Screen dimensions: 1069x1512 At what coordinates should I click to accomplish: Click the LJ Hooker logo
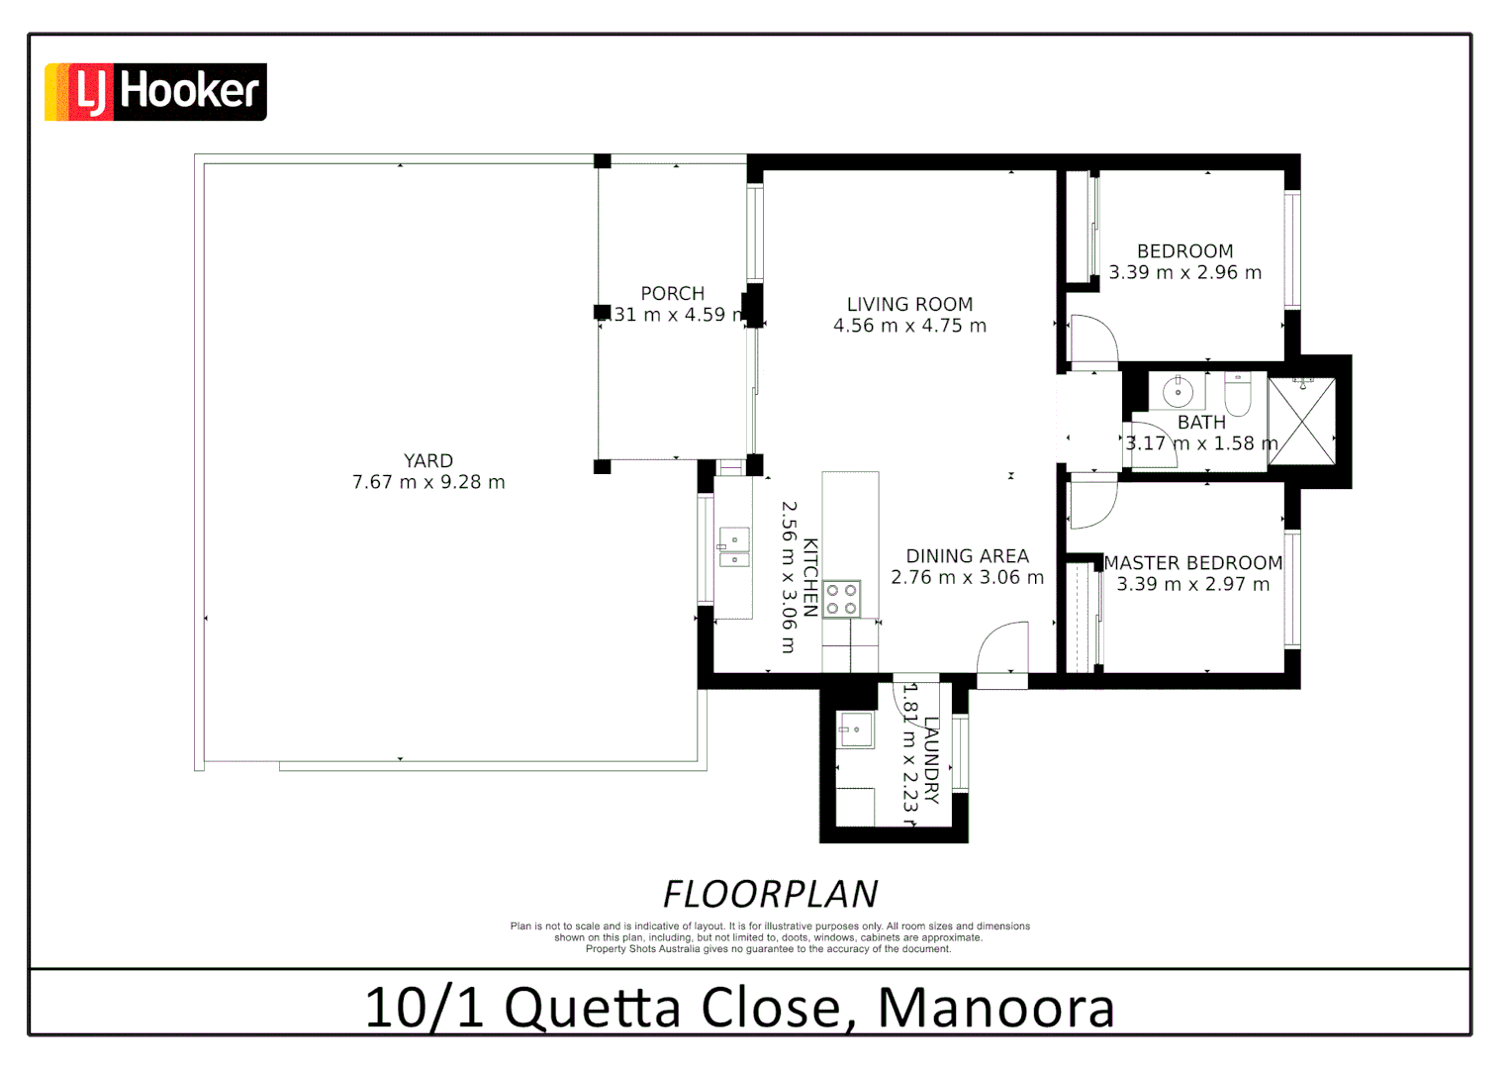(155, 92)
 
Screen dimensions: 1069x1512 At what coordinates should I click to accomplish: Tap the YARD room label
(428, 461)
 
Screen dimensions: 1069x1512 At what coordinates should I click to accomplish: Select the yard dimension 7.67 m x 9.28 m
(428, 483)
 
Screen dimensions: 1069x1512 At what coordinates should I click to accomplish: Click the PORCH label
(673, 294)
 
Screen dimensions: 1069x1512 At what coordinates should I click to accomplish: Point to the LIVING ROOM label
(909, 305)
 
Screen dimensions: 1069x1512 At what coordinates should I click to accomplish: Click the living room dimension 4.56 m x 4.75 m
(909, 326)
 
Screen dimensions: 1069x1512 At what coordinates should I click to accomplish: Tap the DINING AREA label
(967, 556)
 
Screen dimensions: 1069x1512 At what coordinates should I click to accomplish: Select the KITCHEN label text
(810, 577)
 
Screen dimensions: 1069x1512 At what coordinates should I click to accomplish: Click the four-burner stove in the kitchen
(842, 599)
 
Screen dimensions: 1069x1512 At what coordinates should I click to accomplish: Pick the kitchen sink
(733, 546)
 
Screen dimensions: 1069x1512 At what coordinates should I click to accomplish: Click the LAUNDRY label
(931, 760)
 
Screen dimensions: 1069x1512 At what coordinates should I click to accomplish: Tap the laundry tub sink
(855, 730)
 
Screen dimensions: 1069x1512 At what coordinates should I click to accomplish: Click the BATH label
(1201, 423)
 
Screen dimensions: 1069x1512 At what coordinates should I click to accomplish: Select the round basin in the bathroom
(1178, 392)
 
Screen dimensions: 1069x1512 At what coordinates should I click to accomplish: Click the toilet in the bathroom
(1238, 394)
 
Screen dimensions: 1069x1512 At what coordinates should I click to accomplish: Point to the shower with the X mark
(1302, 421)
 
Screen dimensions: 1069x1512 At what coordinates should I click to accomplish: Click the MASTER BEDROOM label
(1193, 563)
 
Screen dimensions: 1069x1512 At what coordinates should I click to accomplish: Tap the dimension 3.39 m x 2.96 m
(1184, 273)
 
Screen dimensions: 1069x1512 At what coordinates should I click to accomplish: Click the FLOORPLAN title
(770, 895)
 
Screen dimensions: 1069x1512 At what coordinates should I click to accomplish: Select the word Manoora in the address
(995, 1008)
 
